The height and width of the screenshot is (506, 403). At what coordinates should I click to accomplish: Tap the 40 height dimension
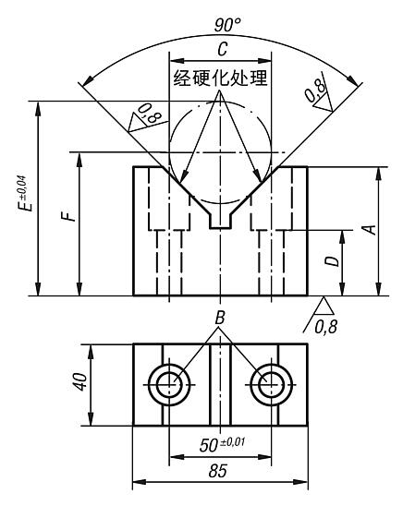pos(82,384)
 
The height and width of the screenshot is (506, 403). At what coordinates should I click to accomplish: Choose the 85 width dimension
pos(220,473)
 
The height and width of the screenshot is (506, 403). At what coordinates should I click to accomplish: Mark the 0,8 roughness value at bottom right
pos(326,326)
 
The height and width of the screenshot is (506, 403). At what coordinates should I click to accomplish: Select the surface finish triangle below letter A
pos(323,305)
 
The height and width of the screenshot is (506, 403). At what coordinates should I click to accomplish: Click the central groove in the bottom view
pos(220,384)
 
